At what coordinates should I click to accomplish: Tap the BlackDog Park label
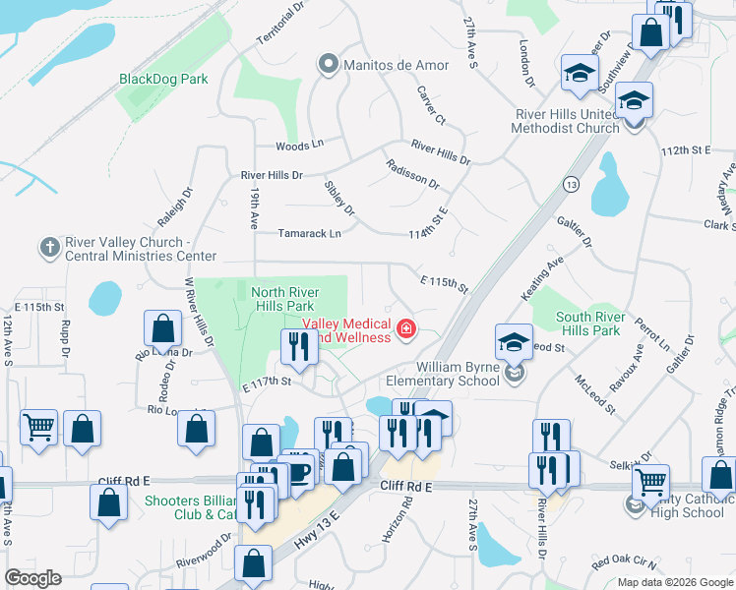tap(163, 79)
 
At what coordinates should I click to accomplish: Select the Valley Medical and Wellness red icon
tap(405, 329)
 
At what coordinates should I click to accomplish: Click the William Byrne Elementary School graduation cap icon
tap(514, 342)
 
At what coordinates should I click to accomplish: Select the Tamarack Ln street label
tap(310, 234)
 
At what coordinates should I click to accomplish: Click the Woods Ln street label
tap(299, 146)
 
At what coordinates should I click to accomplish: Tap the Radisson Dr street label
tap(412, 174)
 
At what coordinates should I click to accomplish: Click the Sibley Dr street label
tap(339, 198)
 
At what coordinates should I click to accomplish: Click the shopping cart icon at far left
tap(38, 427)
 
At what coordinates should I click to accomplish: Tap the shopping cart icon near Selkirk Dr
tap(650, 482)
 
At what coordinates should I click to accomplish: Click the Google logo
tap(32, 578)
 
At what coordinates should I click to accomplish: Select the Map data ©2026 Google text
tap(674, 582)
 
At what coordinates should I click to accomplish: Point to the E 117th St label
tap(268, 382)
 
